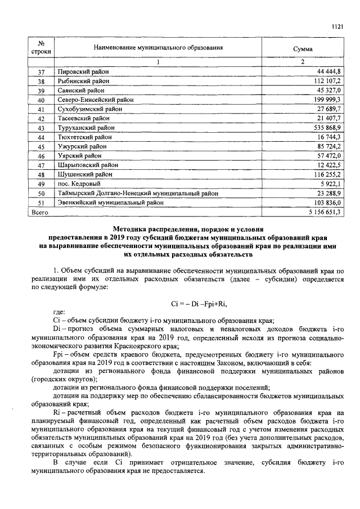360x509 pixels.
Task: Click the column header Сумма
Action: pyautogui.click(x=303, y=49)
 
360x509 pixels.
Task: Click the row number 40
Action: pyautogui.click(x=40, y=100)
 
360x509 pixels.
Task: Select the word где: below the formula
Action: pyautogui.click(x=58, y=313)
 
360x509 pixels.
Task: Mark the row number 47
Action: pyautogui.click(x=40, y=165)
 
